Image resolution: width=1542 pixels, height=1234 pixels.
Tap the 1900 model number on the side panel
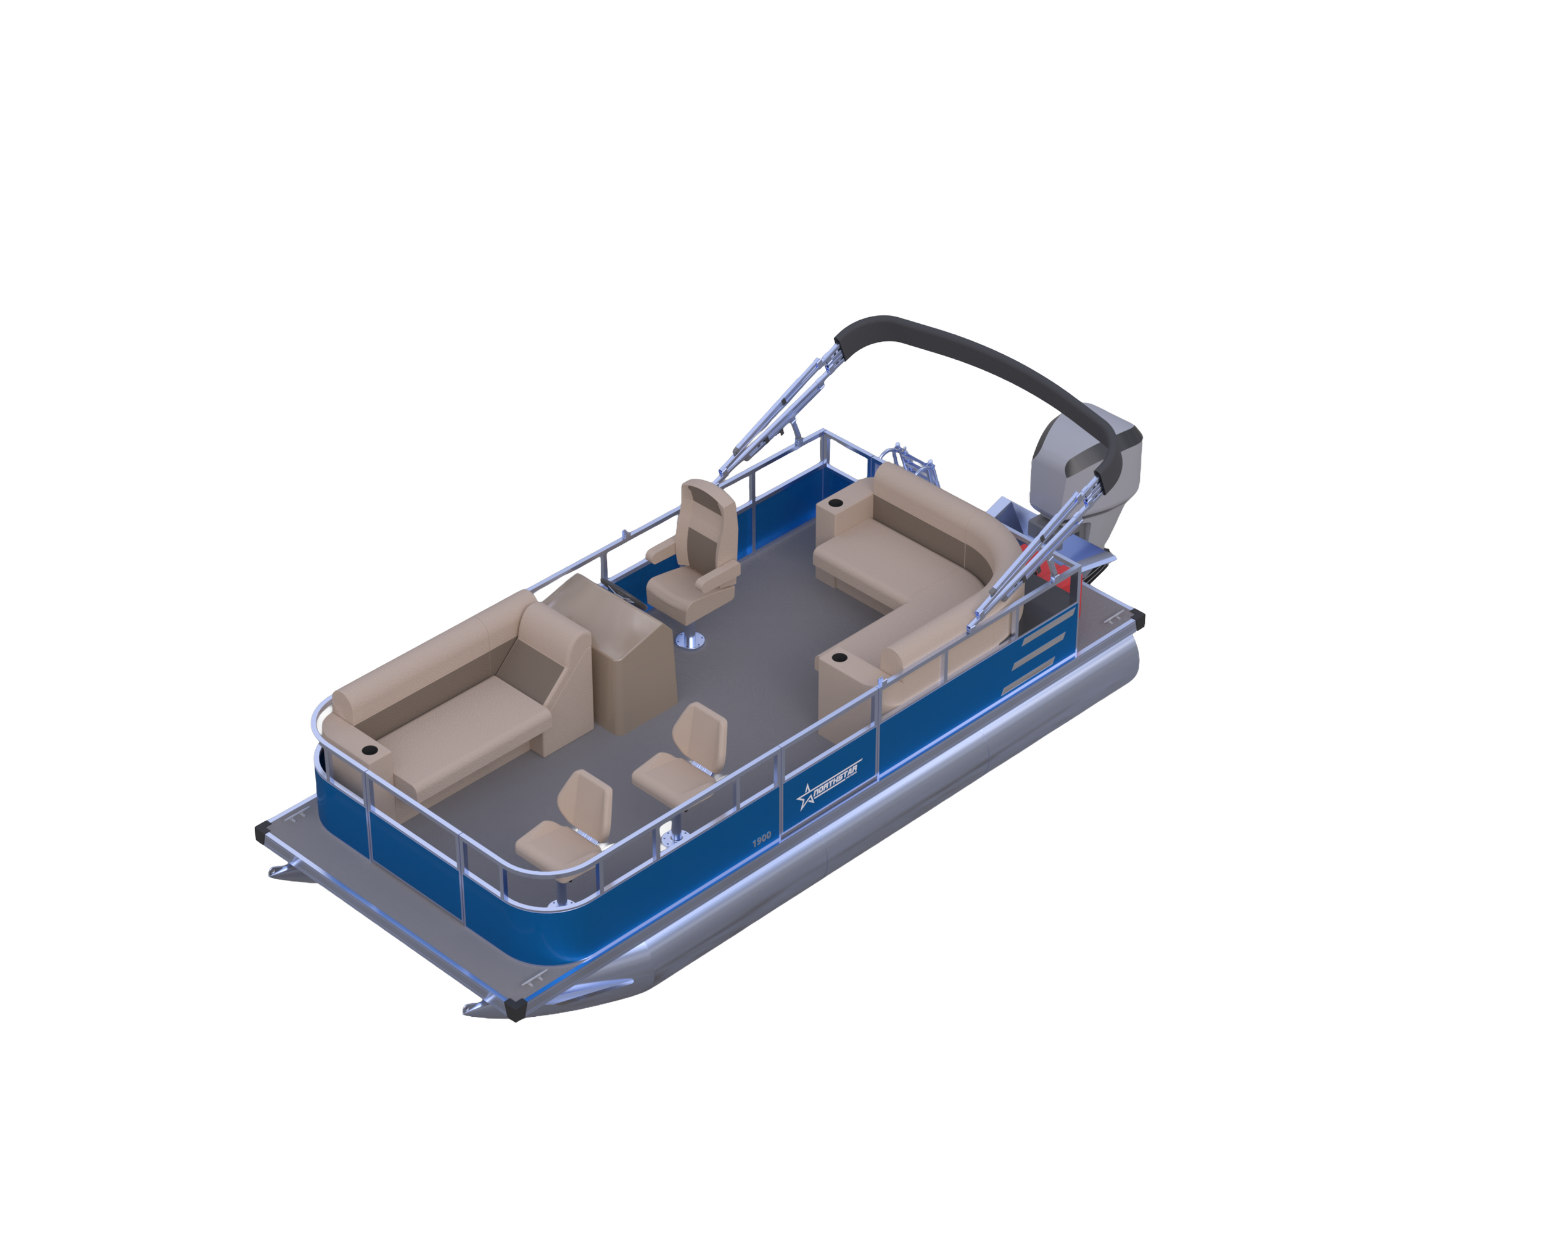coord(762,838)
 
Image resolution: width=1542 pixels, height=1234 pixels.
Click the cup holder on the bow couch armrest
coord(369,750)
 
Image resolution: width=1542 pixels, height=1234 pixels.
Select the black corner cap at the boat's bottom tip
coord(515,1009)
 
